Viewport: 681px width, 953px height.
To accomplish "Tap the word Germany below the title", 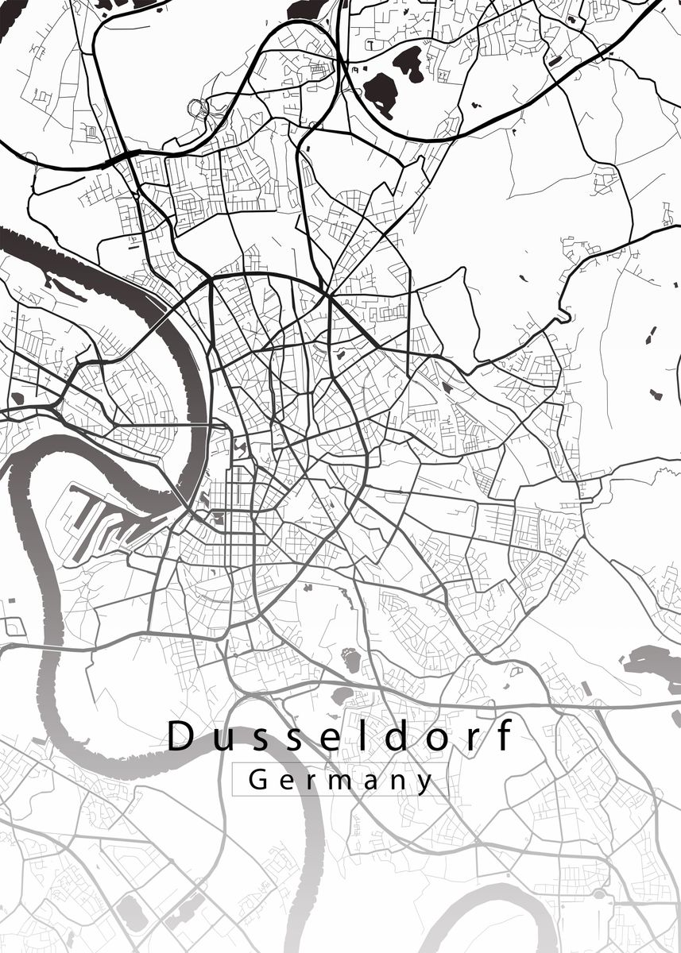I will pyautogui.click(x=341, y=780).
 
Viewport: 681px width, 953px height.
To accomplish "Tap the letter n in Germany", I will pyautogui.click(x=399, y=781).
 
